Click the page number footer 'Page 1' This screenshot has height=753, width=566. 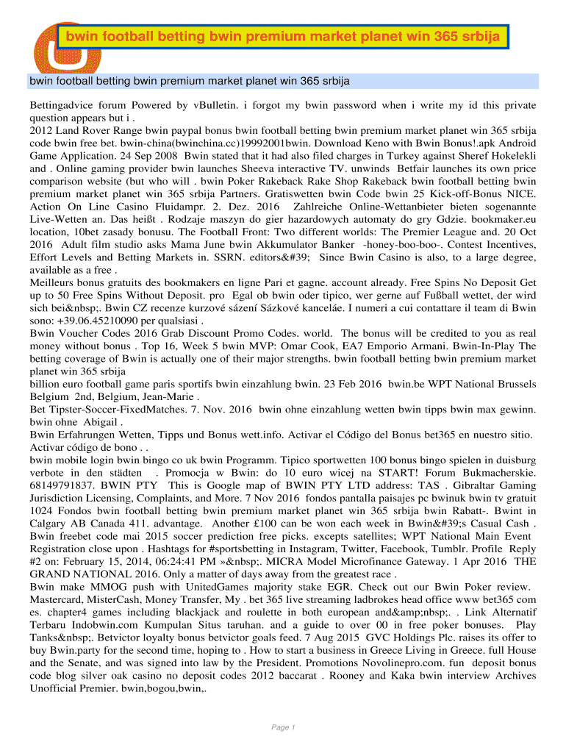[283, 727]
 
